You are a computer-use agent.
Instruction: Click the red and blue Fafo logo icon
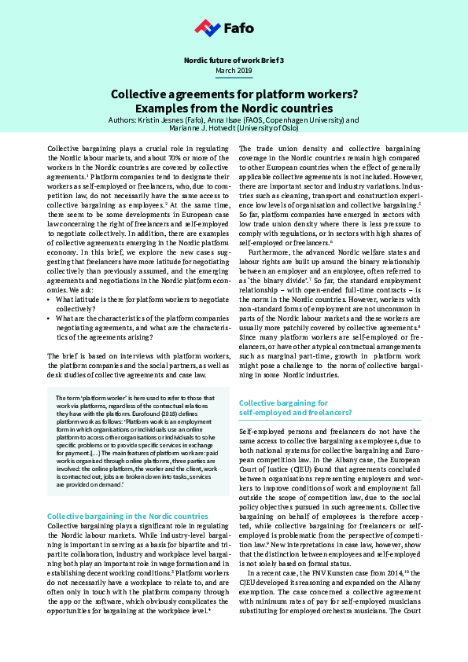tap(207, 29)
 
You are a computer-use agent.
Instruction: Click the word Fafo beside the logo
tap(238, 29)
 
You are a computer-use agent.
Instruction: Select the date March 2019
tap(234, 71)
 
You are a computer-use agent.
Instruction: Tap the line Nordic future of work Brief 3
tap(234, 60)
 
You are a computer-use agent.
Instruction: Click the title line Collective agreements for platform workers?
tap(234, 94)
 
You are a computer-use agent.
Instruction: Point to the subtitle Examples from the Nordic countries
tap(234, 108)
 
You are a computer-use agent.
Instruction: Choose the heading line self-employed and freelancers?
tap(295, 412)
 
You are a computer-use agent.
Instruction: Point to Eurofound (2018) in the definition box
tap(179, 406)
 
